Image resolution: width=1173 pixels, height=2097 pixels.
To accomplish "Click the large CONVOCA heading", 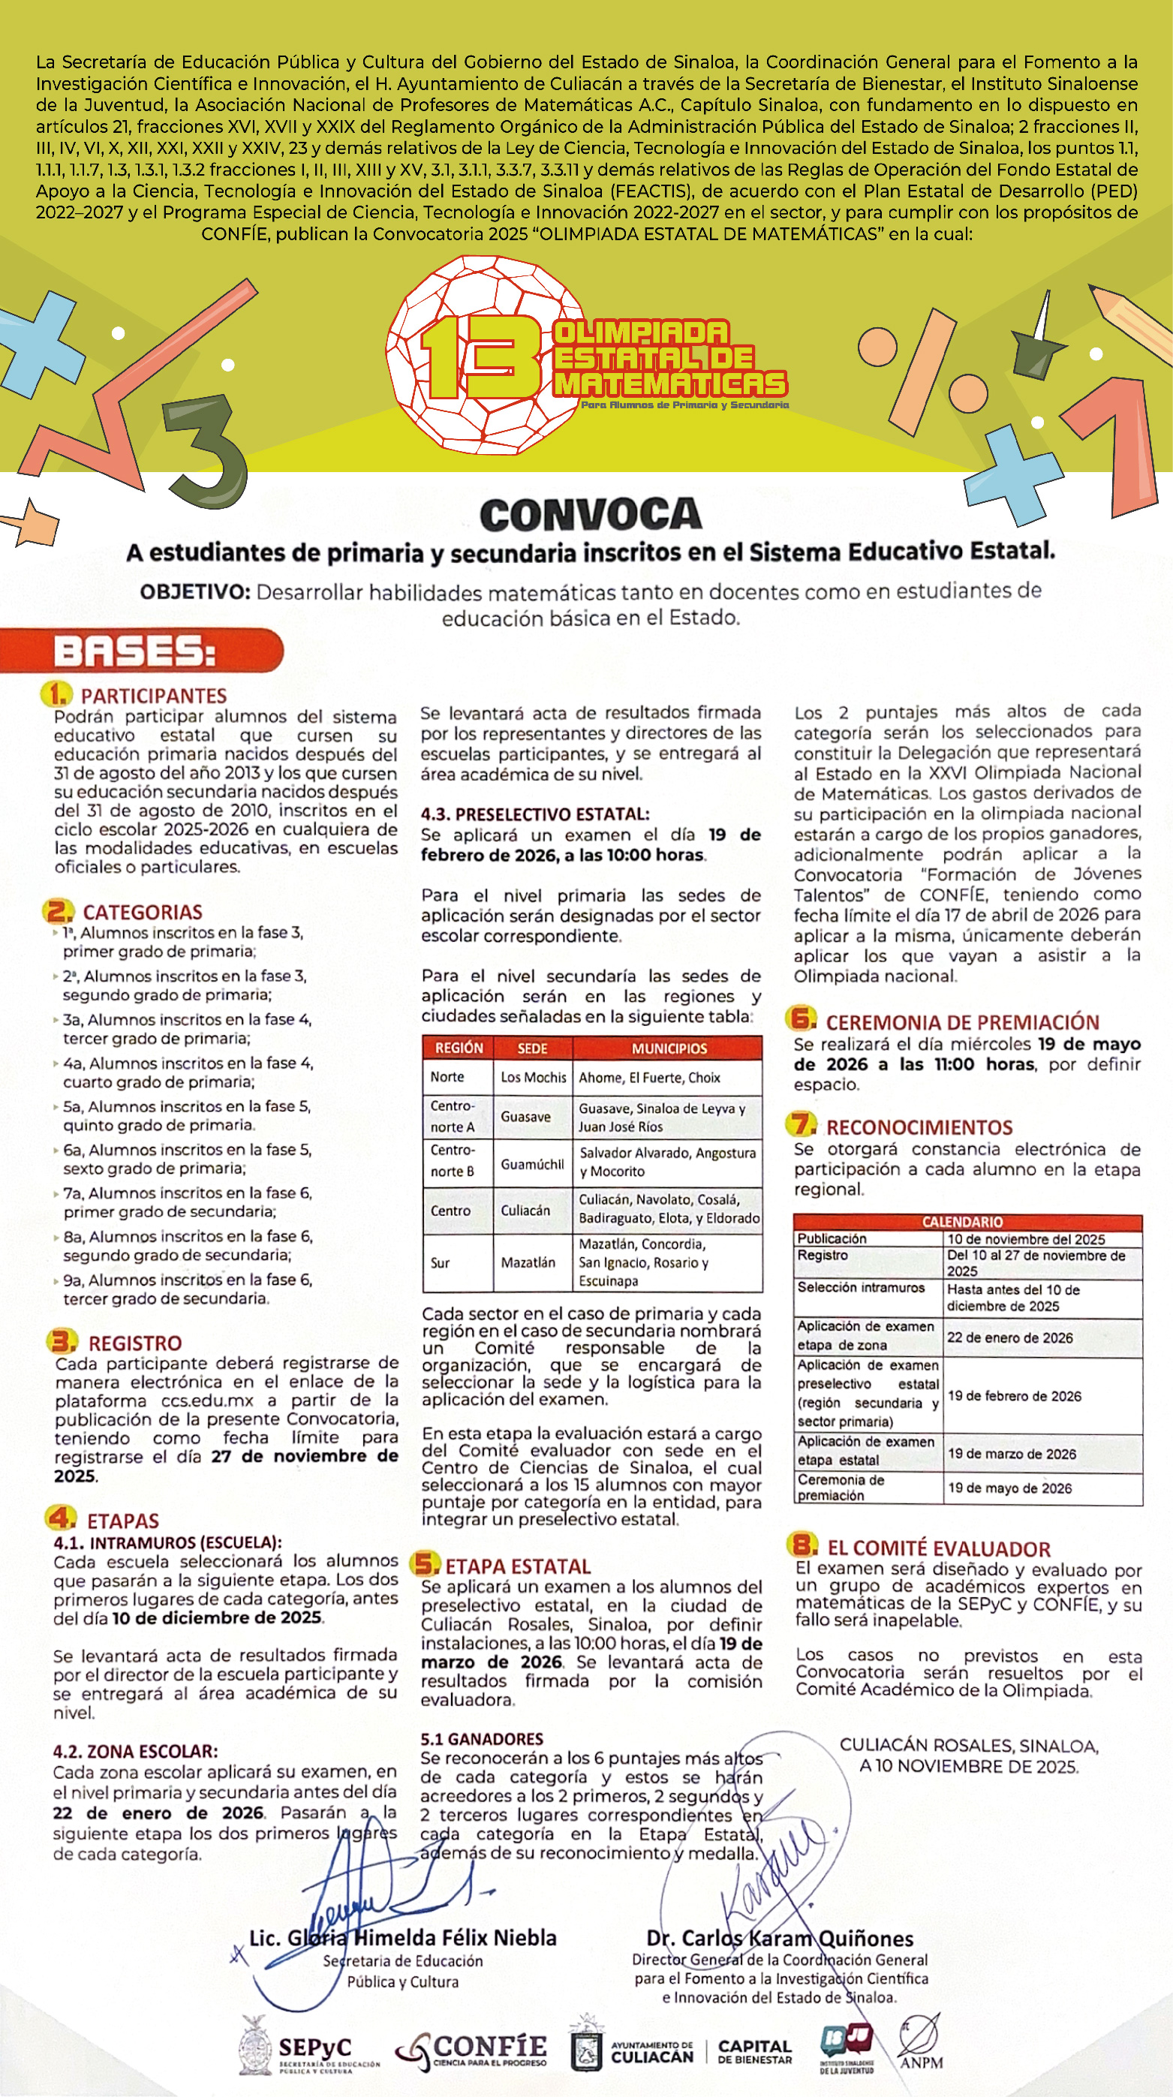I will [590, 514].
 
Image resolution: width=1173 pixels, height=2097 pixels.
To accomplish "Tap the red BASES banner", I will [138, 651].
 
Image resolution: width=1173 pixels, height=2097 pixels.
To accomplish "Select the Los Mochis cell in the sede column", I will [533, 1077].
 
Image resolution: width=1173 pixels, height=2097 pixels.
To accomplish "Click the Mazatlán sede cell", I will [528, 1262].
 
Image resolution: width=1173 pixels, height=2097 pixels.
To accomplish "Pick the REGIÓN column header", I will [459, 1048].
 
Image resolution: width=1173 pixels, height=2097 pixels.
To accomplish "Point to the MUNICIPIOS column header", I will [669, 1048].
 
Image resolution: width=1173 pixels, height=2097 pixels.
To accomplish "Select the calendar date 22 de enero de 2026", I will [1009, 1337].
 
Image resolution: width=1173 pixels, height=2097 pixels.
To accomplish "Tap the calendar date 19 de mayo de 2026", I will [1009, 1488].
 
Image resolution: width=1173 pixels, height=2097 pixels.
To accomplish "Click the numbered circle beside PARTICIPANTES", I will [56, 694].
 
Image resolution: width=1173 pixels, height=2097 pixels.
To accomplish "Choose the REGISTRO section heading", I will [134, 1343].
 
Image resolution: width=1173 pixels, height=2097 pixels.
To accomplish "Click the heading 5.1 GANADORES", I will [481, 1739].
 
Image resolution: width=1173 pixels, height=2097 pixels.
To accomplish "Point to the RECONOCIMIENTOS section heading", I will [919, 1127].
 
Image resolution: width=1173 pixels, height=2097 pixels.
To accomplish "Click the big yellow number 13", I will [480, 356].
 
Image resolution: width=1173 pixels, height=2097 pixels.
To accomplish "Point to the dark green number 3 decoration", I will [205, 452].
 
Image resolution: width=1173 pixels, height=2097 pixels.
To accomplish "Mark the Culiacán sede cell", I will [525, 1211].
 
